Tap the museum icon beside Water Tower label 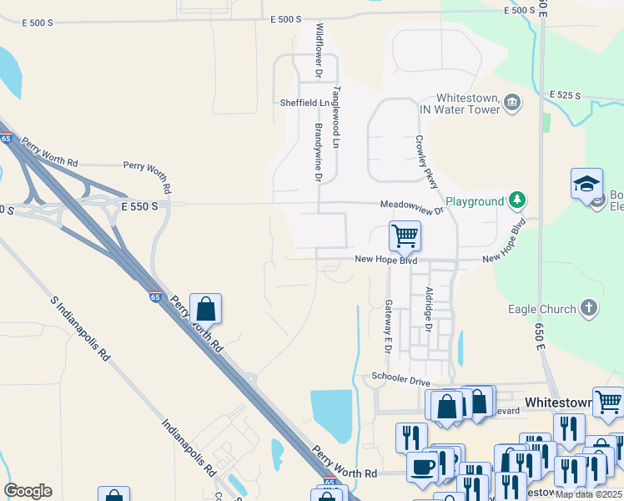pyautogui.click(x=512, y=103)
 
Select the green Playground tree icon pyautogui.click(x=518, y=200)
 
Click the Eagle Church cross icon pyautogui.click(x=590, y=308)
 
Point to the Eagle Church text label pyautogui.click(x=542, y=309)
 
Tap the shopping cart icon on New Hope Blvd pyautogui.click(x=405, y=235)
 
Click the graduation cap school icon pyautogui.click(x=586, y=184)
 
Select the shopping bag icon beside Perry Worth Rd pyautogui.click(x=205, y=309)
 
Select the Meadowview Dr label pyautogui.click(x=412, y=205)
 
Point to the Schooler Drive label pyautogui.click(x=401, y=379)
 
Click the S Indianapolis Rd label pyautogui.click(x=81, y=328)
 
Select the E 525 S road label pyautogui.click(x=565, y=96)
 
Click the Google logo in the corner pyautogui.click(x=28, y=491)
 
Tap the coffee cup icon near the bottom pyautogui.click(x=423, y=466)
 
